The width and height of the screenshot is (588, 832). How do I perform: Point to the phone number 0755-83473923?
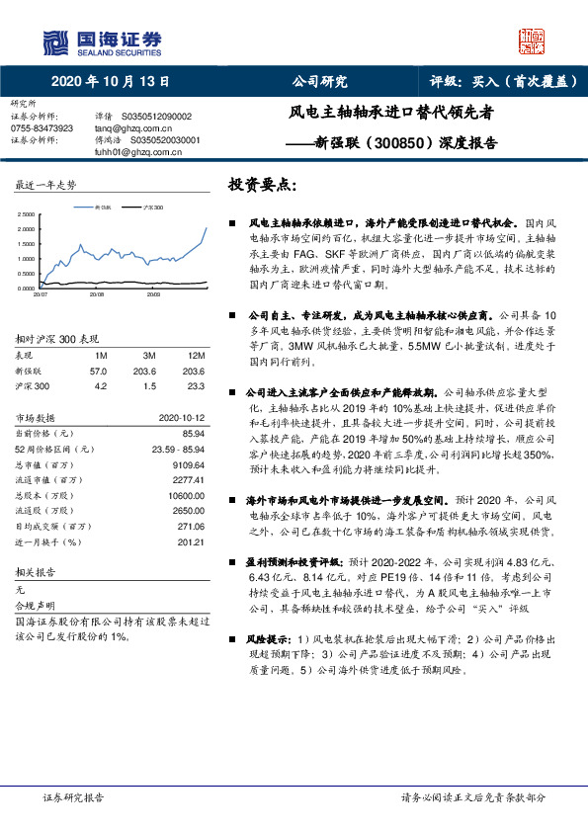tap(42, 128)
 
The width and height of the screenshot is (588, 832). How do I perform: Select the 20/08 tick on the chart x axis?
tap(97, 294)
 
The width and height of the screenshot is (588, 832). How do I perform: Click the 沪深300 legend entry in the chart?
tap(151, 208)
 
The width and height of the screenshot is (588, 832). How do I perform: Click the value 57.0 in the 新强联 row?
tap(98, 371)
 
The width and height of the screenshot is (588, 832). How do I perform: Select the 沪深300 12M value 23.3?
tap(195, 386)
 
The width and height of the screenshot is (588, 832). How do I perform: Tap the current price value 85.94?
tap(190, 434)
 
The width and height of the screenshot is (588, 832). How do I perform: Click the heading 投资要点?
tap(262, 186)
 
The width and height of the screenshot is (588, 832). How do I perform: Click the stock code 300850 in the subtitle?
tap(379, 141)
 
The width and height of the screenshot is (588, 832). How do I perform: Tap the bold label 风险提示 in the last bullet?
tap(269, 640)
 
